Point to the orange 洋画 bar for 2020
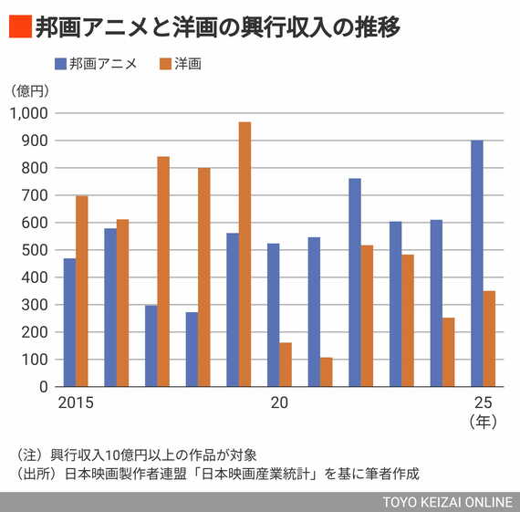(x=286, y=364)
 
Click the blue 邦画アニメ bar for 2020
(x=273, y=315)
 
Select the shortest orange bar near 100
(x=326, y=371)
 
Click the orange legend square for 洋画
(x=165, y=64)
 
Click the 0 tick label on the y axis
(x=43, y=387)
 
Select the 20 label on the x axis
(x=279, y=403)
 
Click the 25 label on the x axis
(x=482, y=403)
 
